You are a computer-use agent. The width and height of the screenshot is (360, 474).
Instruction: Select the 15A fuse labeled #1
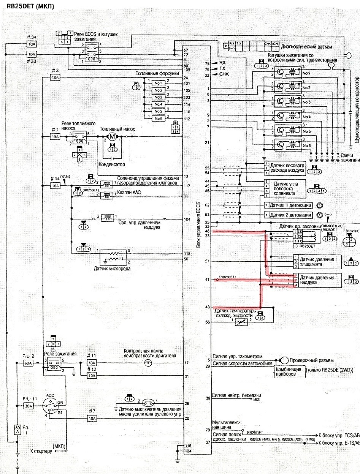tap(56, 137)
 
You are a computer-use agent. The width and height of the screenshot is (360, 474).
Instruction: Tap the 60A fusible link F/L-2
tap(29, 363)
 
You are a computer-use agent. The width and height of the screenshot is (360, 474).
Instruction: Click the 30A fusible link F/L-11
tap(29, 406)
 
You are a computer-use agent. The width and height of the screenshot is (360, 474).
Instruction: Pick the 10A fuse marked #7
tap(92, 418)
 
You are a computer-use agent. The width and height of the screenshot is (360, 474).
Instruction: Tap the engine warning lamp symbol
tap(149, 363)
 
